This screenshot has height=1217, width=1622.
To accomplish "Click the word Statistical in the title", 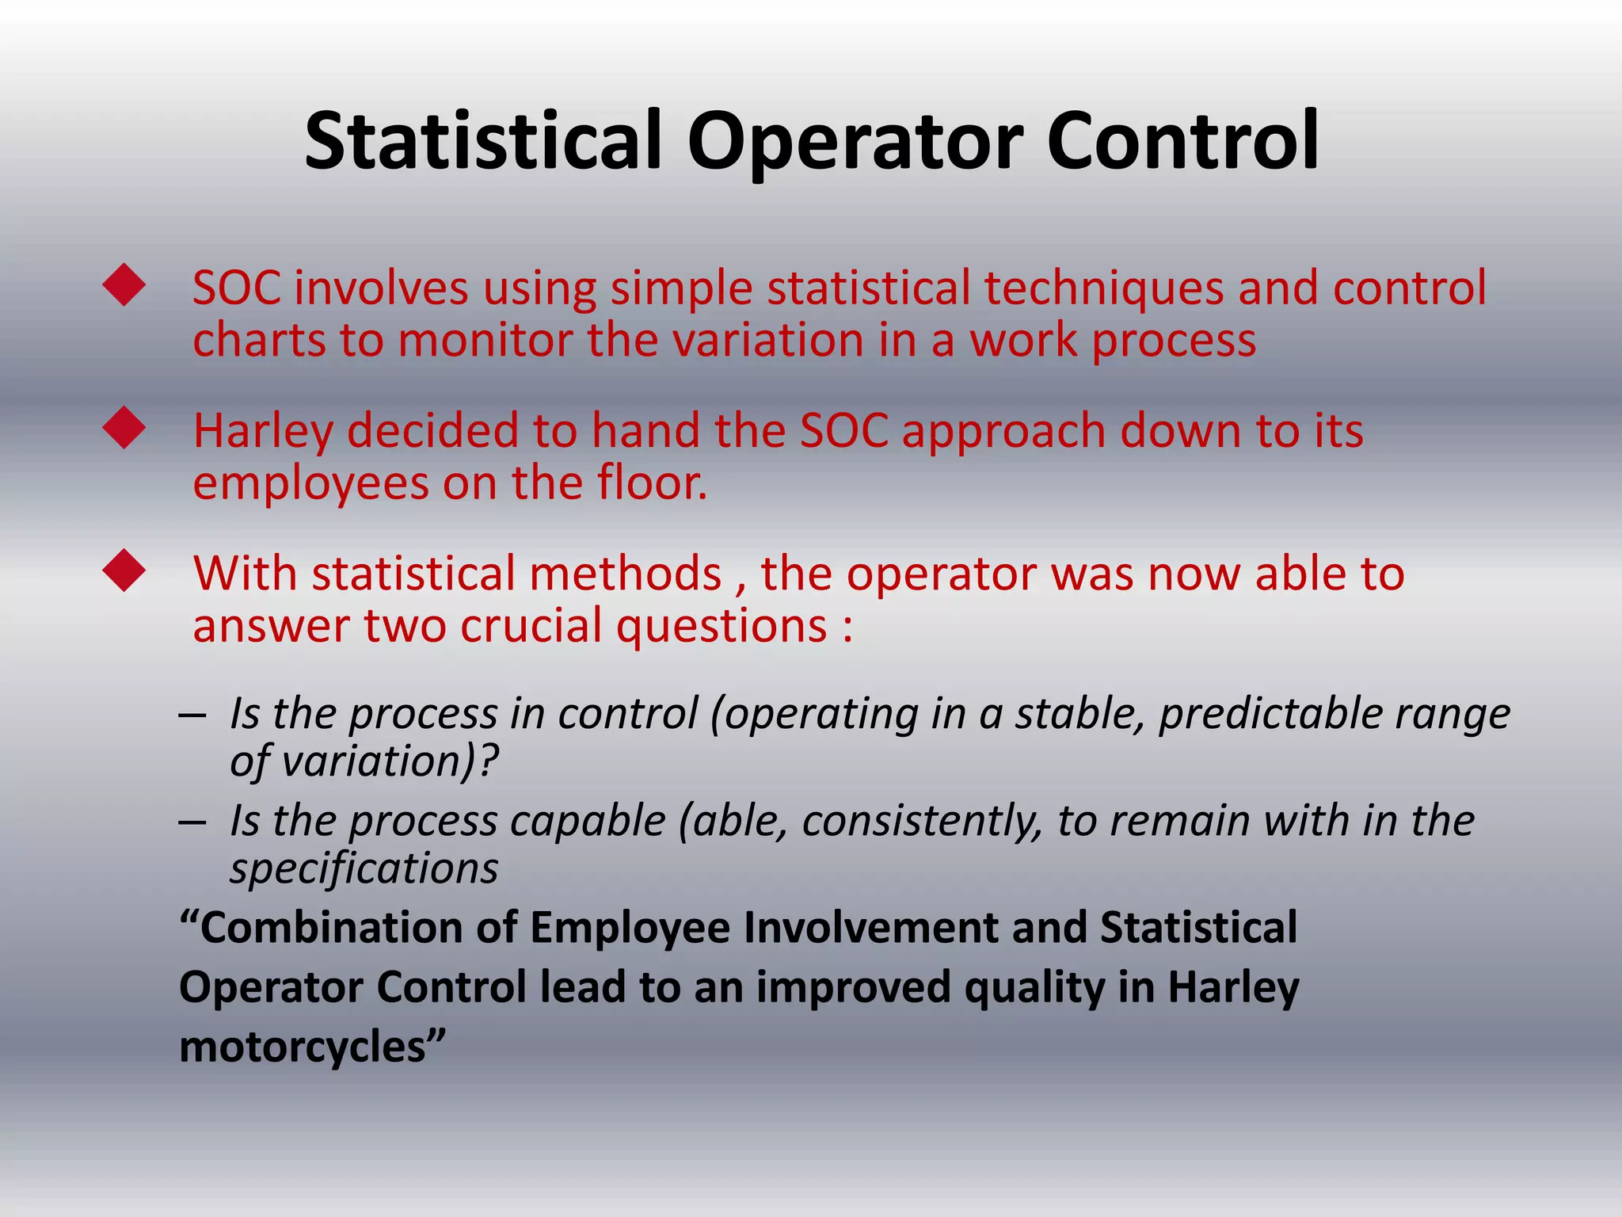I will pyautogui.click(x=483, y=141).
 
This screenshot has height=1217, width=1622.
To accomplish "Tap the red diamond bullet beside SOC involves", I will pyautogui.click(x=124, y=285).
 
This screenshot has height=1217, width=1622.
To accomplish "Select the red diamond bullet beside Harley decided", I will pyautogui.click(x=124, y=429).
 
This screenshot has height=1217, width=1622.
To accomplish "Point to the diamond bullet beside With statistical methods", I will pyautogui.click(x=124, y=571).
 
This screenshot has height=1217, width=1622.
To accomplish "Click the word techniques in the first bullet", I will pyautogui.click(x=1104, y=288).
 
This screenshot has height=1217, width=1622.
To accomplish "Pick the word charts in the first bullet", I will pyautogui.click(x=259, y=341).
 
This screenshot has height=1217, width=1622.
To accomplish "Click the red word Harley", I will pyautogui.click(x=262, y=433).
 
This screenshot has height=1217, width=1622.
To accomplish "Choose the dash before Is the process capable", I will pyautogui.click(x=192, y=822).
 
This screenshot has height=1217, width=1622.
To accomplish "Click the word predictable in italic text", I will pyautogui.click(x=1270, y=714).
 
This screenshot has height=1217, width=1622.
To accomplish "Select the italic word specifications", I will pyautogui.click(x=364, y=869).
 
